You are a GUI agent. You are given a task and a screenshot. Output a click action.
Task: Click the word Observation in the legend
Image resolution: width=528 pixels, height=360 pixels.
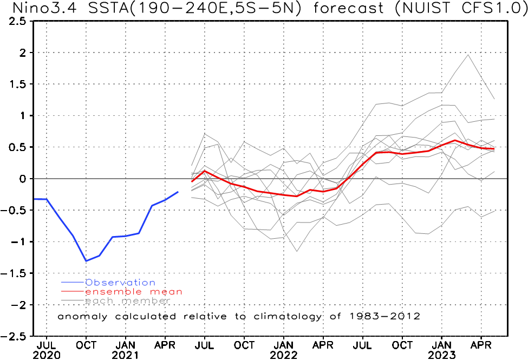tap(120, 283)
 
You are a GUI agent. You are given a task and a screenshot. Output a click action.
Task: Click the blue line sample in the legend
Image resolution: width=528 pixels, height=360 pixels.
tap(73, 283)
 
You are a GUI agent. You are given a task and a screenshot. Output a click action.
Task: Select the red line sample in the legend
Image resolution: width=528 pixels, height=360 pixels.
tap(73, 292)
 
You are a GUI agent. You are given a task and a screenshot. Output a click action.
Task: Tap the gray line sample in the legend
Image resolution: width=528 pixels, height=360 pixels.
tap(73, 301)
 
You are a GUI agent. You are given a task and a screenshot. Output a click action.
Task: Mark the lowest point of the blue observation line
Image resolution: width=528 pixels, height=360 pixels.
tap(86, 261)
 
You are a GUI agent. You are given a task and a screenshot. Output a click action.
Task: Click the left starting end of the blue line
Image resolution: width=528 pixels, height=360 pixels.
tap(35, 199)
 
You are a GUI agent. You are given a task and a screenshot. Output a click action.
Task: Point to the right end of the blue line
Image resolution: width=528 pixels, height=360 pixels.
tap(178, 192)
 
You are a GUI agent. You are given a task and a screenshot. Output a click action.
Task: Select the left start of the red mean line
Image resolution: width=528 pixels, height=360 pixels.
tap(191, 181)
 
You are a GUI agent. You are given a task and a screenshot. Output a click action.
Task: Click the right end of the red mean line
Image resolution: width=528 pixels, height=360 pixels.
tap(494, 149)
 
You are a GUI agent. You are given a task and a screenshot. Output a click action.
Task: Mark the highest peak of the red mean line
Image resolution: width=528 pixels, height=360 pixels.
tap(455, 141)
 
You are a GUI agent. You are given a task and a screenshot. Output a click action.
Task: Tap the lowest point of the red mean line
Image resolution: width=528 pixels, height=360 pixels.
tap(297, 196)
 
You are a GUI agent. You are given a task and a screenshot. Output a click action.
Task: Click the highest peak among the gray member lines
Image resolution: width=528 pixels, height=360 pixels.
tap(468, 54)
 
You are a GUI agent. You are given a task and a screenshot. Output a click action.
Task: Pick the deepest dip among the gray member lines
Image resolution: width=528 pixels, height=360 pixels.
tap(297, 251)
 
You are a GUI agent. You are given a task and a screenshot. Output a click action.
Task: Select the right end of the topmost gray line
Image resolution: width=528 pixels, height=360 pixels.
tap(494, 99)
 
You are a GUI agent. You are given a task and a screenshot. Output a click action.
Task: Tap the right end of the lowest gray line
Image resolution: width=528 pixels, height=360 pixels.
tap(494, 210)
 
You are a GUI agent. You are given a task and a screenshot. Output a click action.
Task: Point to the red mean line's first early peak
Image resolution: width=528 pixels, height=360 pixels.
tap(205, 171)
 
